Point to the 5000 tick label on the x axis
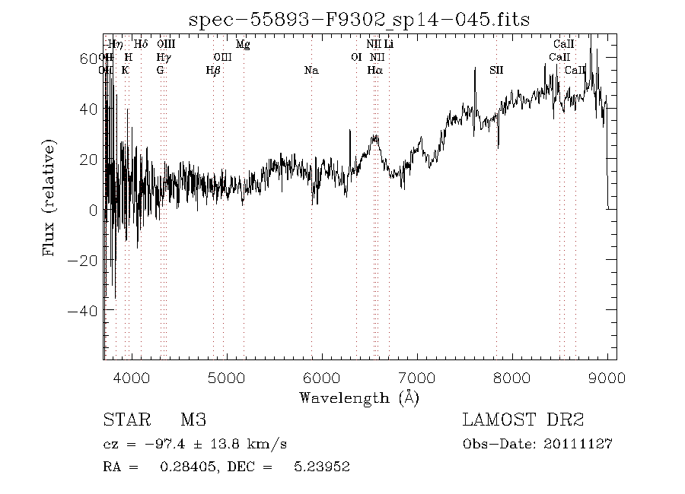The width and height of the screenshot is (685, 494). tap(226, 378)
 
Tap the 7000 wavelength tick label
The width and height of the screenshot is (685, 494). tap(416, 378)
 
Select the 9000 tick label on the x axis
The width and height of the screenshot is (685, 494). tap(607, 378)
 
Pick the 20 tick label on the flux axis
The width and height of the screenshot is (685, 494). tap(88, 160)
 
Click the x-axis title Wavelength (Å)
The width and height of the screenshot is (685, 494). tap(358, 397)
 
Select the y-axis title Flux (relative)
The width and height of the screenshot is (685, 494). tap(51, 198)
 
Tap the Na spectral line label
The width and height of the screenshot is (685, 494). tap(311, 71)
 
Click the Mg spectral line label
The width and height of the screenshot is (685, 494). tap(243, 45)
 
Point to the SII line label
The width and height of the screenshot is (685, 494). tap(496, 71)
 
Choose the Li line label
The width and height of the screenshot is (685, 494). tap(389, 45)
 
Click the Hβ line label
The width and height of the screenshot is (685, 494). tap(213, 71)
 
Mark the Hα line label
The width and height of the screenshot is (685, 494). tap(374, 71)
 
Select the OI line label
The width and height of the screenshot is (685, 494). tap(355, 58)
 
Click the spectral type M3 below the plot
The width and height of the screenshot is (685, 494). tap(193, 420)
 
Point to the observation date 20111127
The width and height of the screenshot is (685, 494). tap(583, 444)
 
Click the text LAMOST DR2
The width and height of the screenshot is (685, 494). tap(523, 420)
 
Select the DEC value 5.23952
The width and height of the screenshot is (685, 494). tap(322, 467)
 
